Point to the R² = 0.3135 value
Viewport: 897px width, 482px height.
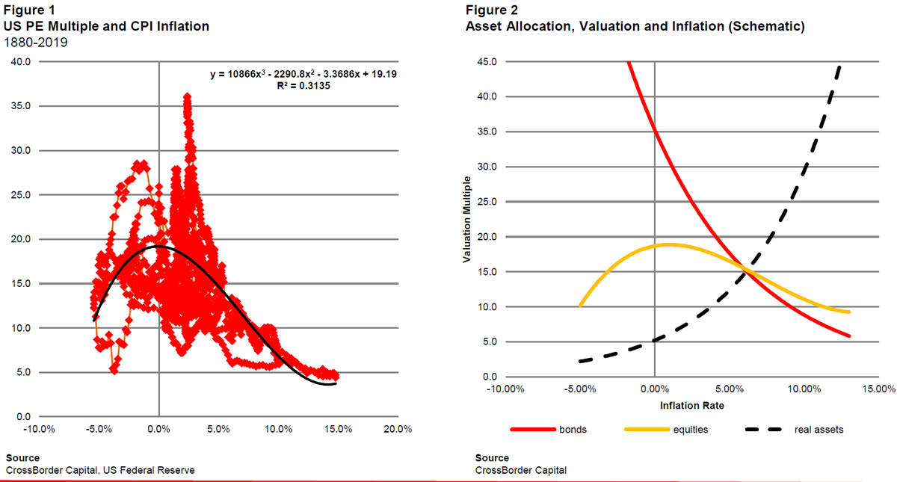(303, 86)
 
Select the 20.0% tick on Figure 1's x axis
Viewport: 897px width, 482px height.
(397, 429)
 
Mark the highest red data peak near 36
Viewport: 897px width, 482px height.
(187, 96)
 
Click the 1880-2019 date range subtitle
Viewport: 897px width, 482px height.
(36, 42)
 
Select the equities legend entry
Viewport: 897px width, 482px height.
(691, 430)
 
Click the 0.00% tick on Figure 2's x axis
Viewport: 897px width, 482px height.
(654, 389)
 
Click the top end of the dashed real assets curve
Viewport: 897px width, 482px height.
(839, 66)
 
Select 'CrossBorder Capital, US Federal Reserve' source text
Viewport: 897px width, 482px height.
(101, 470)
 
